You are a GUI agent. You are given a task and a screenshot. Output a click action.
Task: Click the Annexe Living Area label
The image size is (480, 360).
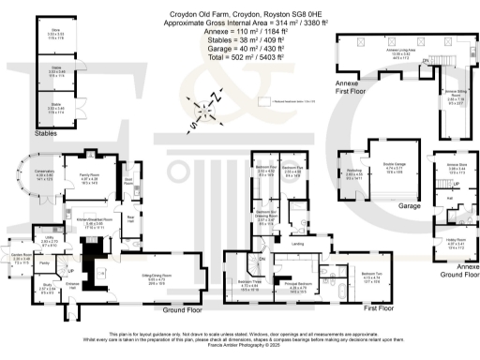tap(382, 53)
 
